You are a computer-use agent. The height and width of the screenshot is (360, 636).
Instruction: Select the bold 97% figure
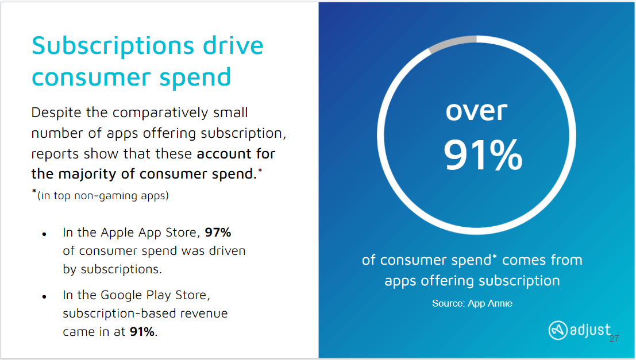(x=218, y=233)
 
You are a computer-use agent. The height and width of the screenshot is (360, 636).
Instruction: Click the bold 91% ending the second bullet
(x=142, y=331)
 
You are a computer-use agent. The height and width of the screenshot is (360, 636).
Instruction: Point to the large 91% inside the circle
(x=483, y=155)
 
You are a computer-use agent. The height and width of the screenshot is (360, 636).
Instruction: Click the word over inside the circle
(x=476, y=110)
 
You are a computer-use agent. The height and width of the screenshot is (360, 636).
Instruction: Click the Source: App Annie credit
(x=472, y=303)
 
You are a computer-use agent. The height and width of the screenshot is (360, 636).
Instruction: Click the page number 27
(x=614, y=339)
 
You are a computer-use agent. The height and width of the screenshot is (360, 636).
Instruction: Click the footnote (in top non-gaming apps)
(x=103, y=196)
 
